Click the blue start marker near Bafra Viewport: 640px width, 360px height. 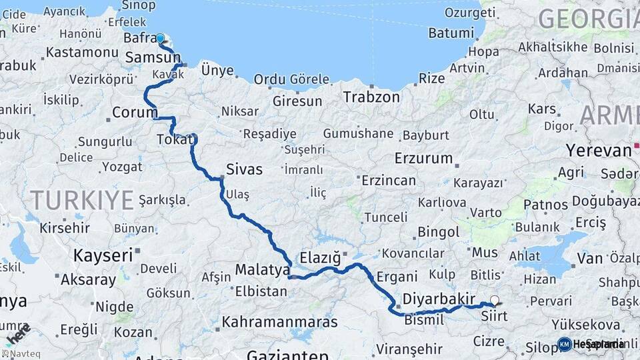pyautogui.click(x=160, y=38)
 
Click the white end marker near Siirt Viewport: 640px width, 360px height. pyautogui.click(x=495, y=301)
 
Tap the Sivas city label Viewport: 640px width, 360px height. pyautogui.click(x=245, y=169)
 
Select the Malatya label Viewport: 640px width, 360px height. pyautogui.click(x=262, y=270)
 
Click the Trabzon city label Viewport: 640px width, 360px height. pyautogui.click(x=371, y=97)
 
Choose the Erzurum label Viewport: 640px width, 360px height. pyautogui.click(x=423, y=159)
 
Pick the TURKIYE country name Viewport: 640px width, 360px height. pyautogui.click(x=82, y=199)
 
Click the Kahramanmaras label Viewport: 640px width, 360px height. pyautogui.click(x=280, y=322)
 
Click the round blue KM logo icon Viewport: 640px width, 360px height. pyautogui.click(x=564, y=344)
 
